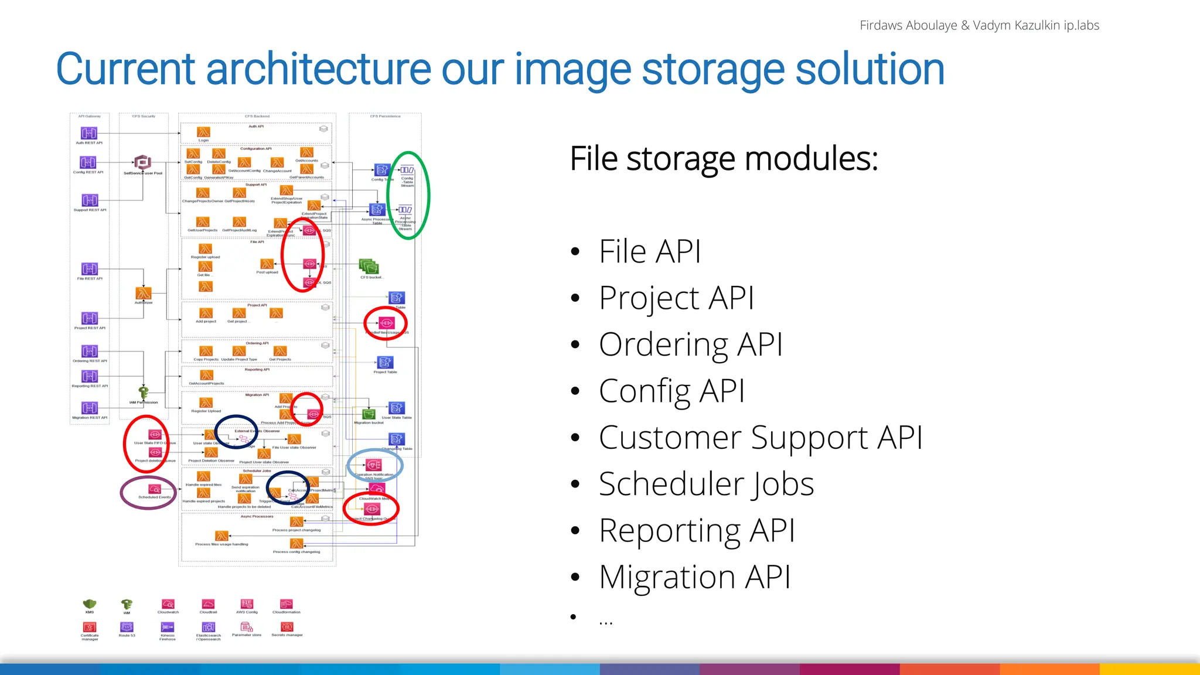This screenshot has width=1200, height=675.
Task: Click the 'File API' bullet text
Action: coord(649,251)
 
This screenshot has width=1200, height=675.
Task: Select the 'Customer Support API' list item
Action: coord(760,438)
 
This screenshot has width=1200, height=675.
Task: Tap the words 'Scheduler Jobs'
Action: coord(706,484)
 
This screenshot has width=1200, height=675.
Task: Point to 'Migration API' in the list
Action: coord(694,577)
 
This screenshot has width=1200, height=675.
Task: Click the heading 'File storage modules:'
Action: coord(724,159)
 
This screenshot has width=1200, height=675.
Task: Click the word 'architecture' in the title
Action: coord(319,69)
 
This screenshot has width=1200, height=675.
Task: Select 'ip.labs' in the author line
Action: coord(1082,25)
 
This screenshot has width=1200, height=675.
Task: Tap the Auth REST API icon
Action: coord(88,133)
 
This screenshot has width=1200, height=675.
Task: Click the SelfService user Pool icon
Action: coord(142,162)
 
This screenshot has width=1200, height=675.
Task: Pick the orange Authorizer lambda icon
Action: coord(144,293)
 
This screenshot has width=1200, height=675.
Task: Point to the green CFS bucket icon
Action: coord(369,267)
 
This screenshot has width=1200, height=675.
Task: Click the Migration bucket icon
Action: coord(369,414)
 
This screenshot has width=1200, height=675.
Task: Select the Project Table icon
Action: coord(385,363)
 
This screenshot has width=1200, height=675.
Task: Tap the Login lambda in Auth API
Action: coord(203,132)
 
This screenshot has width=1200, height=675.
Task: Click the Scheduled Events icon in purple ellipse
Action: coord(154,489)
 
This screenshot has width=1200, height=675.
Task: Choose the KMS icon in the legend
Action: coord(90,604)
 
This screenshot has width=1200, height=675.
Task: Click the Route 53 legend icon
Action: coord(127,627)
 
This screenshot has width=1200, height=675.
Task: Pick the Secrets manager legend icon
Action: coord(287,627)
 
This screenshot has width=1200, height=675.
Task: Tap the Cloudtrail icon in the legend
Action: coord(208,604)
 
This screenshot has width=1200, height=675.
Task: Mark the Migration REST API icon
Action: coord(90,408)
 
